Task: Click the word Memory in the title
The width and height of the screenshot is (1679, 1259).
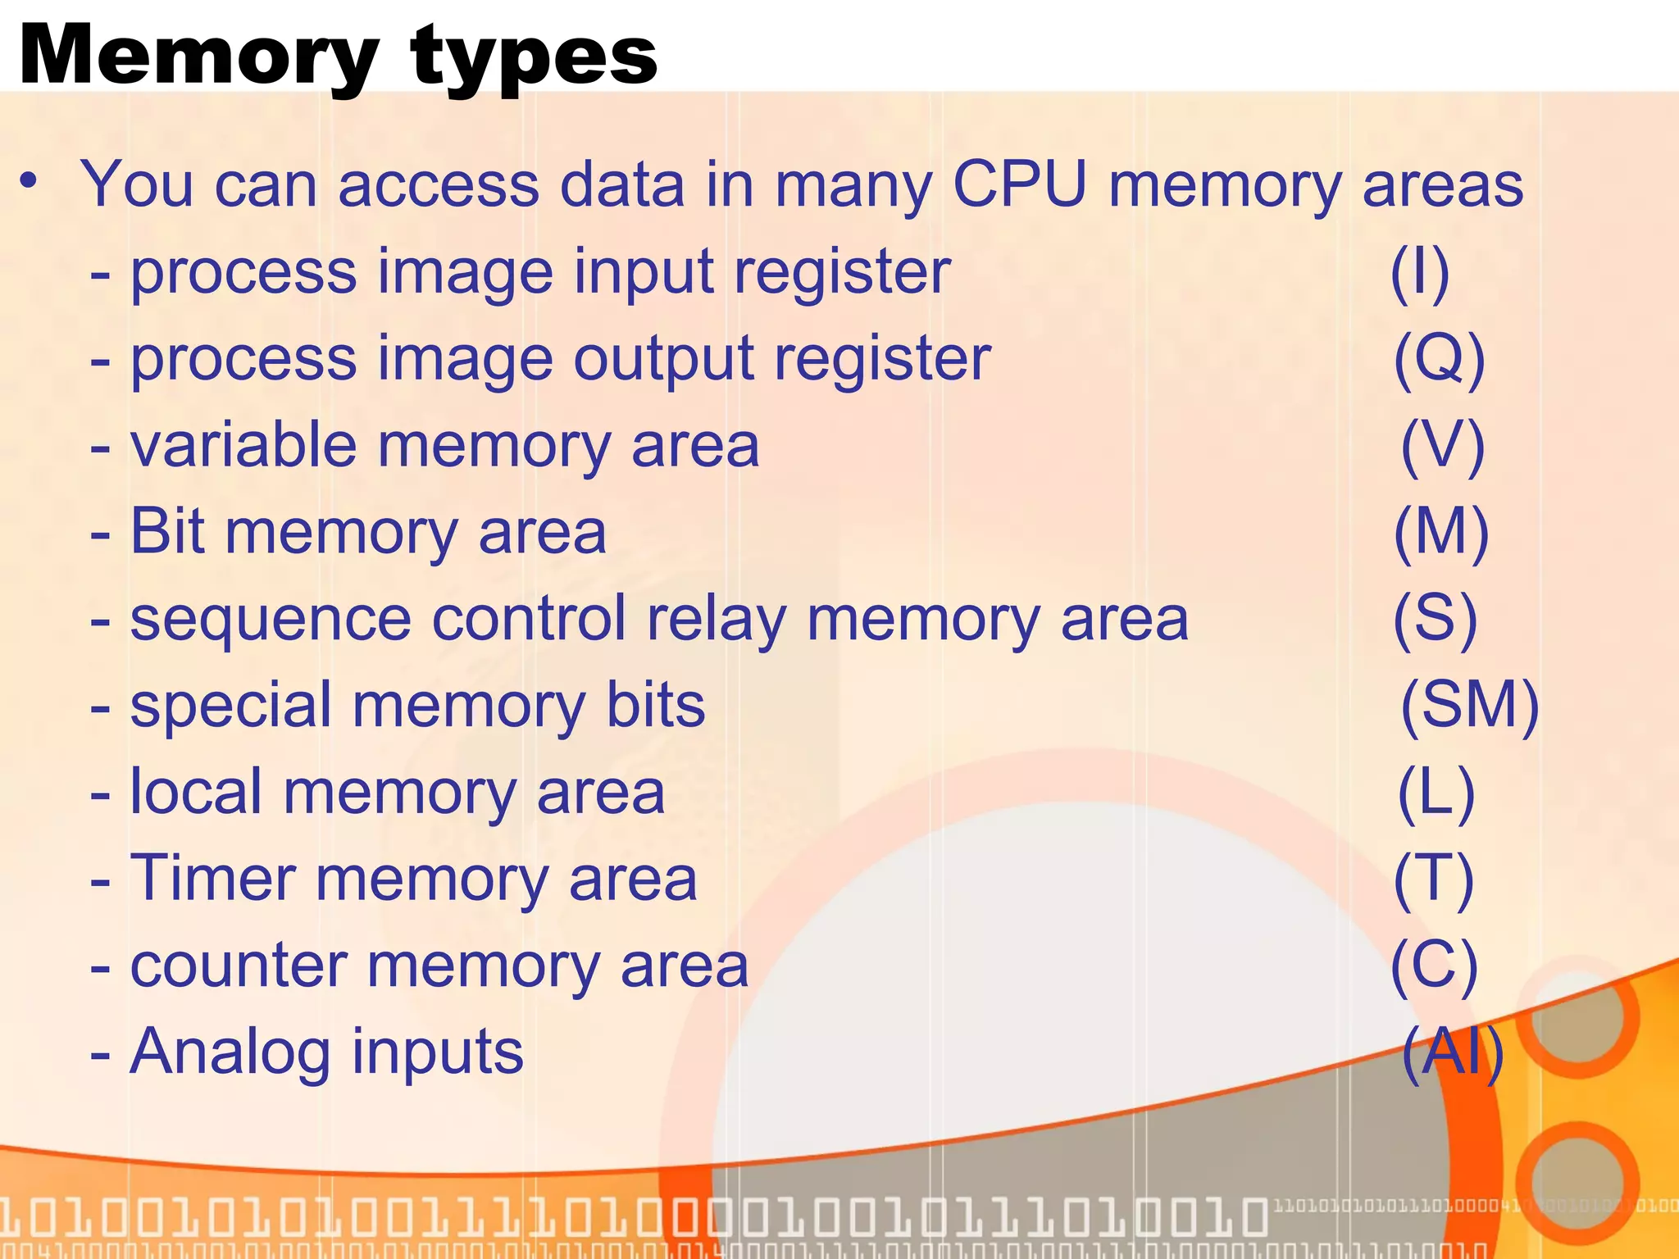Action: (x=197, y=56)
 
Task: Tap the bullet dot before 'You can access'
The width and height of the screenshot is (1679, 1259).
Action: (x=30, y=181)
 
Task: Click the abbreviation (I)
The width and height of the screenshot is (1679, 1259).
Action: (x=1420, y=272)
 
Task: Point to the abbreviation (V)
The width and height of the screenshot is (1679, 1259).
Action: (x=1442, y=446)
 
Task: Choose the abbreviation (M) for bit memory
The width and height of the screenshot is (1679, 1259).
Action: (x=1441, y=533)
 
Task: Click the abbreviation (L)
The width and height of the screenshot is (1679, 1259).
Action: (x=1436, y=793)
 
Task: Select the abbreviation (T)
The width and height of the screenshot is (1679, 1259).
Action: (x=1434, y=879)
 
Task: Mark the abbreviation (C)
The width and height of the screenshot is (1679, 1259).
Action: (x=1434, y=966)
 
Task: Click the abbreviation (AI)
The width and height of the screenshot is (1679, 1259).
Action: (x=1452, y=1052)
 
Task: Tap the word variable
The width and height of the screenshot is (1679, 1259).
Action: (x=243, y=446)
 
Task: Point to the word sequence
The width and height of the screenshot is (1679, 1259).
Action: (x=271, y=620)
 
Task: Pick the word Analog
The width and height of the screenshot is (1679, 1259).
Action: (x=230, y=1052)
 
